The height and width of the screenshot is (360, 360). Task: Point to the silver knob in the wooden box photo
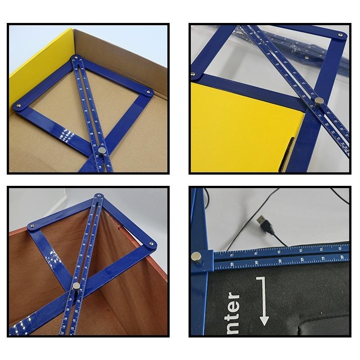tap(76, 286)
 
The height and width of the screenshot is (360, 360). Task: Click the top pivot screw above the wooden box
tap(98, 197)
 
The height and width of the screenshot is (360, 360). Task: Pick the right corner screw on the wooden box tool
tap(151, 244)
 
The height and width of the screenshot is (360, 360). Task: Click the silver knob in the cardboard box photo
tap(103, 150)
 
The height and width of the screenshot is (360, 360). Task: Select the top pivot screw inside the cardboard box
tap(76, 58)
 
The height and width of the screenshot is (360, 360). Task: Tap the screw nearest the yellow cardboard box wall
tap(18, 106)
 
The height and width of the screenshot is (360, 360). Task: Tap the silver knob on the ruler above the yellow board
tap(319, 101)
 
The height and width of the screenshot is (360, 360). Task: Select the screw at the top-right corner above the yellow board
tap(340, 35)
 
